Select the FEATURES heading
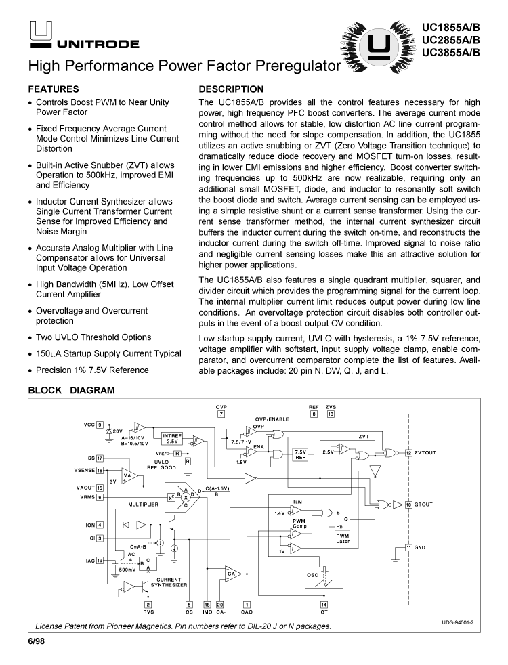tap(53, 89)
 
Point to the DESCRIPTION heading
tap(230, 89)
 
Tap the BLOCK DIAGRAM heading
tap(71, 390)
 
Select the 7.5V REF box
tap(299, 454)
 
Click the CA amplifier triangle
tap(232, 574)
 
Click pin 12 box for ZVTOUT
tap(408, 454)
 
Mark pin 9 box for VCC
tap(100, 425)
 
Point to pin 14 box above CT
tap(324, 604)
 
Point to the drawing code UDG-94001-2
tap(457, 622)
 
